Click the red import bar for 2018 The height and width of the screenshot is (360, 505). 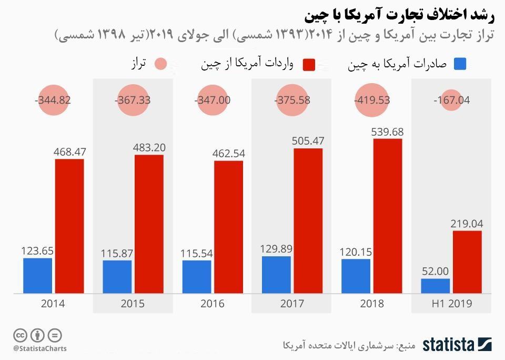388,216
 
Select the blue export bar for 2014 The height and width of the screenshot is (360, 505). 37,275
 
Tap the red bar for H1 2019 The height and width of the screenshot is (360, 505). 467,262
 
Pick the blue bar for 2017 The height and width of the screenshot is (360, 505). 276,274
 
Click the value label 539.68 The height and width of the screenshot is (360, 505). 388,131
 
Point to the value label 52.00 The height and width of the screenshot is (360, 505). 435,272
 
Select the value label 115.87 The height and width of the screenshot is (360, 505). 117,253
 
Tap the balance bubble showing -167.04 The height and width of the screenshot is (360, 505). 451,100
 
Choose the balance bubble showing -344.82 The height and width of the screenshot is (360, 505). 53,100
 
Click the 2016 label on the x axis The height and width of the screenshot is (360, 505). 212,304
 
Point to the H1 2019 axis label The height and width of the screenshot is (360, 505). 451,304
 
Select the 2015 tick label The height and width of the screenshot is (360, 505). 133,304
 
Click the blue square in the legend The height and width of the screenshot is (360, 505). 460,64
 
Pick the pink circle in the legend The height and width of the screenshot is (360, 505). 160,64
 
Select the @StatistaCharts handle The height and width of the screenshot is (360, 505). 41,348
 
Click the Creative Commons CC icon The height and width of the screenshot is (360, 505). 21,335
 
